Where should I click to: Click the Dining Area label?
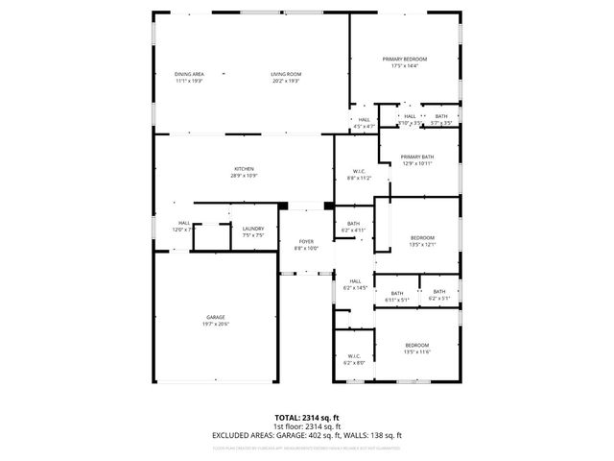click(189, 74)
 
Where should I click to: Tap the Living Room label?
click(285, 74)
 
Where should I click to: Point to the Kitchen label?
click(244, 169)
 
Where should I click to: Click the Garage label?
click(215, 317)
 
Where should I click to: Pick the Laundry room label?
click(253, 228)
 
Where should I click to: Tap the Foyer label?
click(306, 241)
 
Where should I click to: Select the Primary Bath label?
click(417, 157)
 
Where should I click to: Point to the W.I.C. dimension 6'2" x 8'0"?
click(354, 363)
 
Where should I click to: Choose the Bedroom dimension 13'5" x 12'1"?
click(423, 244)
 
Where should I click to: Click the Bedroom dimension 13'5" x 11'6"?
click(416, 352)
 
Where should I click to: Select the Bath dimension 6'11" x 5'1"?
click(396, 300)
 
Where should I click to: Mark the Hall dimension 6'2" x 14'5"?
click(355, 288)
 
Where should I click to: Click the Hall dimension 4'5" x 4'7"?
click(364, 127)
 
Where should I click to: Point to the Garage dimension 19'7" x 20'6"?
click(215, 324)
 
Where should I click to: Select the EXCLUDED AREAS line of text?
click(307, 435)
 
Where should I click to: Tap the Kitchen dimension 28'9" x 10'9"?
click(244, 176)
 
